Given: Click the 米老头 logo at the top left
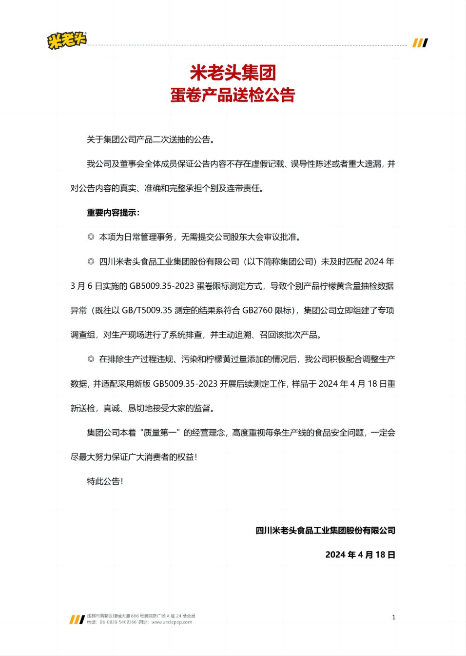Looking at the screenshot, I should coord(67,40).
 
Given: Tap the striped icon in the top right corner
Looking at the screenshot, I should coord(420,43).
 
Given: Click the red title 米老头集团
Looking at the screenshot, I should coord(233,73).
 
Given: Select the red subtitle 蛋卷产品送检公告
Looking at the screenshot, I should coord(233,95).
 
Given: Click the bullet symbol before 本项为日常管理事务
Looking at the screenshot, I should coord(91,237).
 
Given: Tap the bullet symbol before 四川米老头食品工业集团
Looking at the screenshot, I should coord(91,261).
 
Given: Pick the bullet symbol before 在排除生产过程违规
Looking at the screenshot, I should coord(91,359).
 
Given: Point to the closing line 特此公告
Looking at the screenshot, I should coord(105,481).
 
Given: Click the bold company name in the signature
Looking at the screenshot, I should coord(325,530).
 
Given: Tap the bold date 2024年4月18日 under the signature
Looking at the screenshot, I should coord(360,555).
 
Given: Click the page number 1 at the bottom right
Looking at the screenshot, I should coord(394,617).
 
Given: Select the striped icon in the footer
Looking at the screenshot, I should coord(77,619).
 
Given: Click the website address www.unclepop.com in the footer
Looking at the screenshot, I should coord(171,622).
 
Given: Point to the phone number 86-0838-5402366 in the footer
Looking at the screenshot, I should coord(118,622).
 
